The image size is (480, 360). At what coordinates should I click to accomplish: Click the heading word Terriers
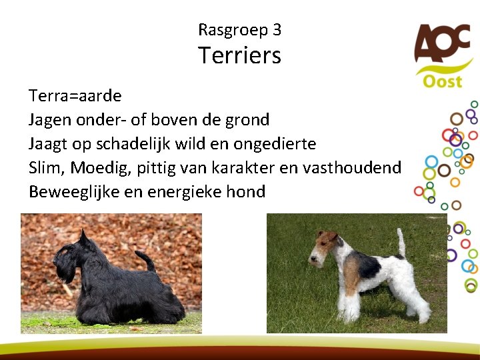[x=239, y=55]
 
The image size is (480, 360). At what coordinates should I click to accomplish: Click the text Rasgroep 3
[x=239, y=30]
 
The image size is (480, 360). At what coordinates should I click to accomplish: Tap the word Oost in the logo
[x=442, y=81]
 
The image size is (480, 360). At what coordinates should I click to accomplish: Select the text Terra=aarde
[x=75, y=95]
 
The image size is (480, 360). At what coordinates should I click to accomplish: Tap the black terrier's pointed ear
[x=83, y=236]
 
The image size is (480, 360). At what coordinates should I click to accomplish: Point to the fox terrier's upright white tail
[x=401, y=241]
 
